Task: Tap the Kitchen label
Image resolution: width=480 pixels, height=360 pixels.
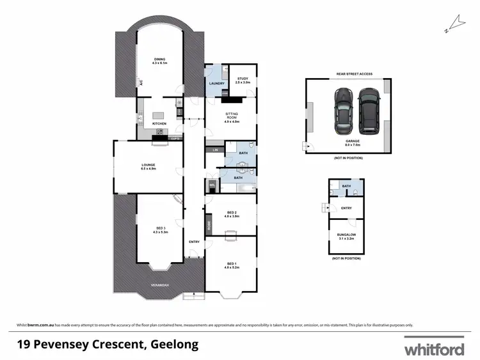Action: coord(159,123)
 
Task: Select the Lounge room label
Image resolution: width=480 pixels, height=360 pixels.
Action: coord(148,166)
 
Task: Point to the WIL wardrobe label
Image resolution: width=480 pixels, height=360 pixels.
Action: coord(212,186)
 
